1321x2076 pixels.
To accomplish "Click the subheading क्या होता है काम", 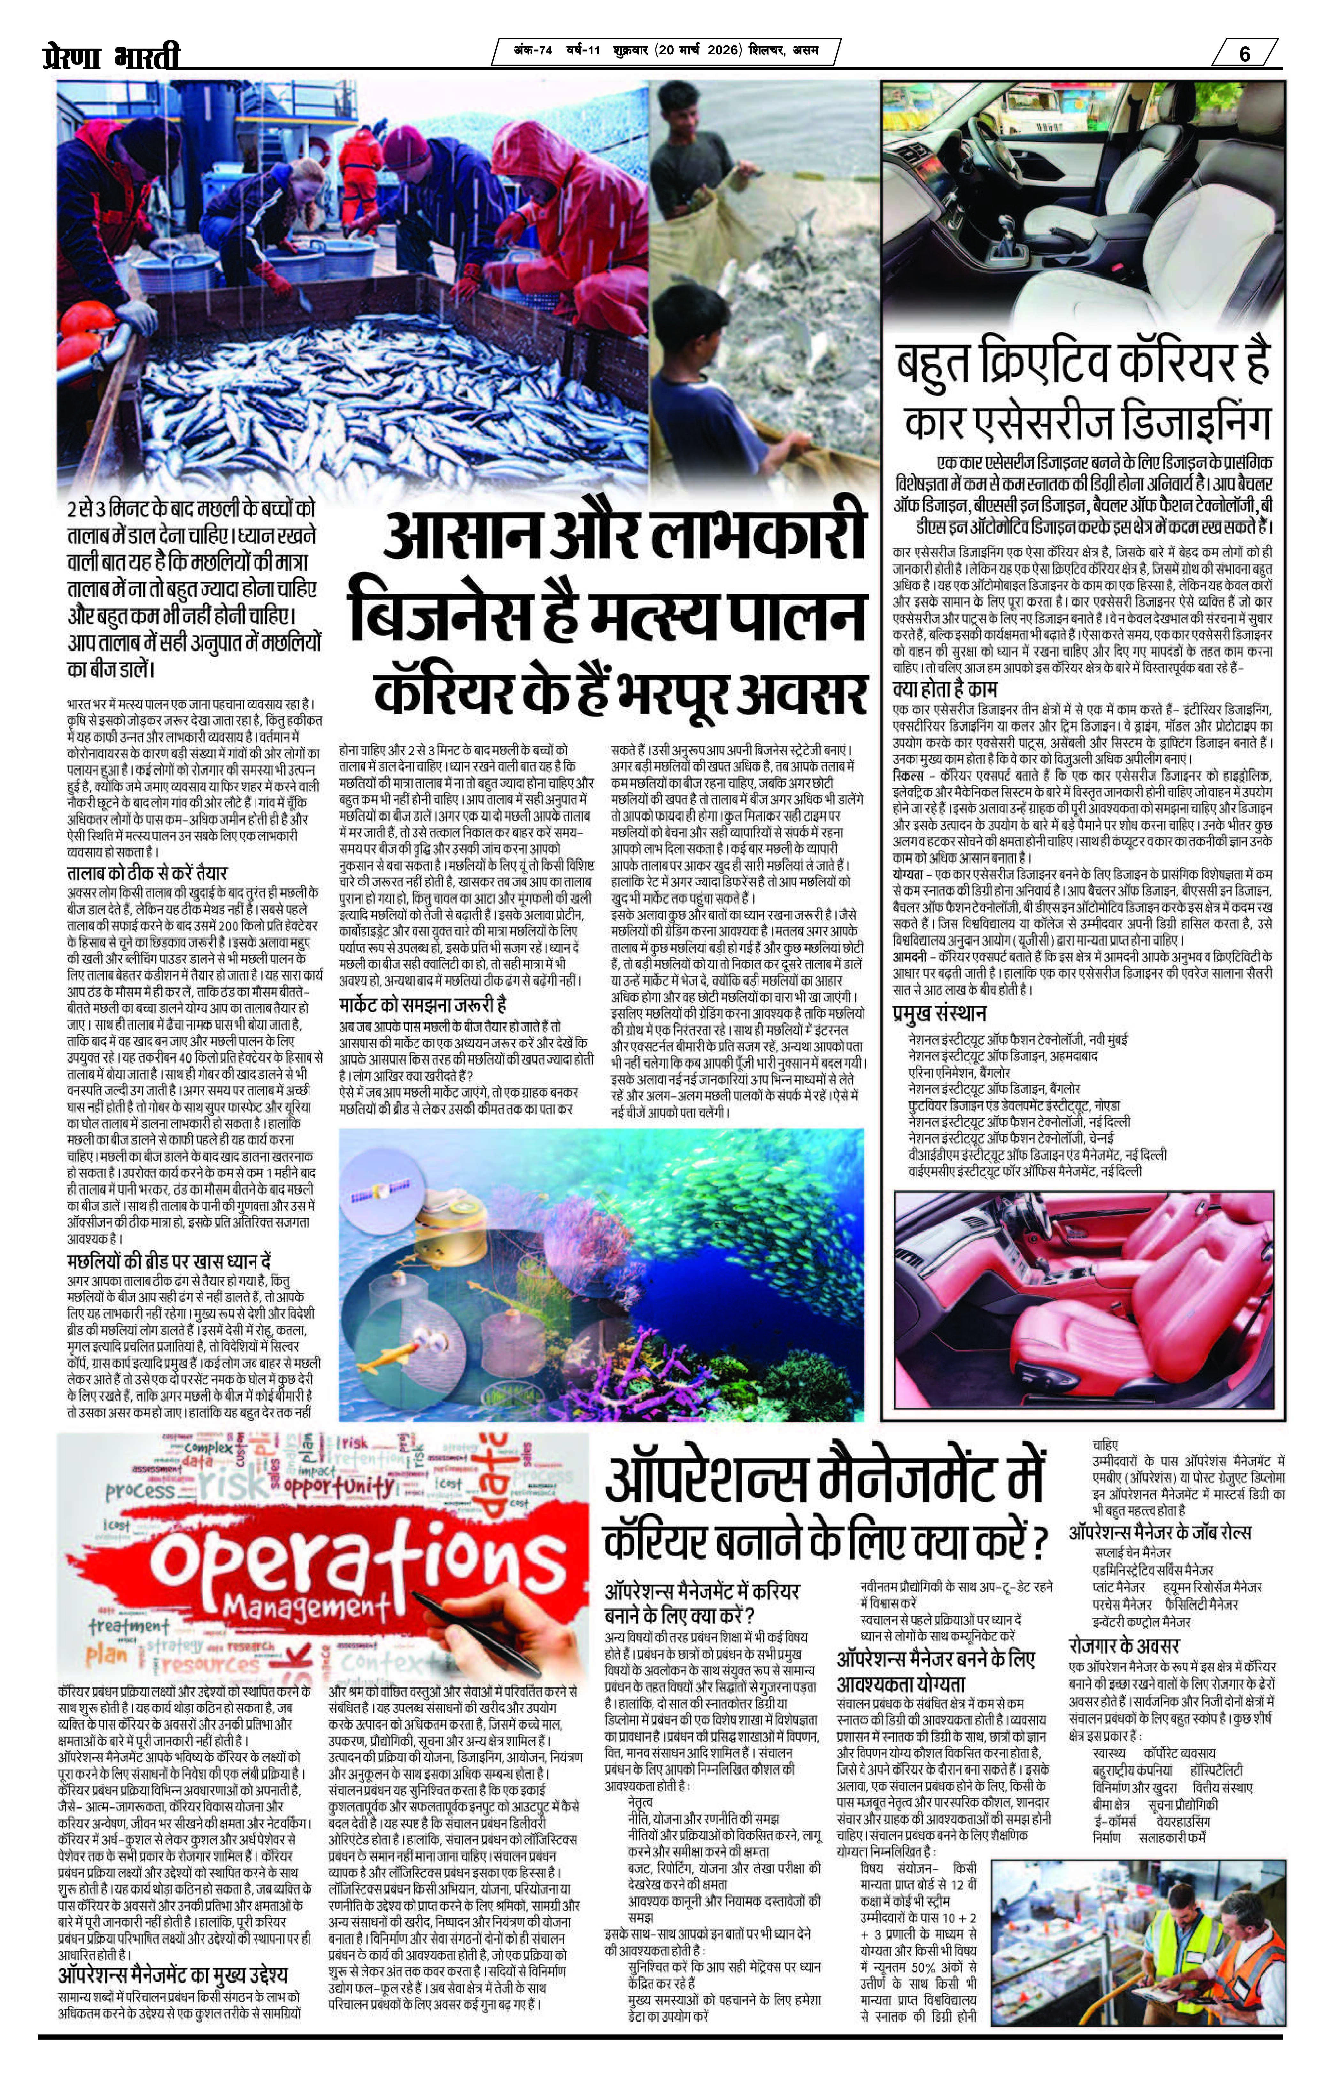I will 944,690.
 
